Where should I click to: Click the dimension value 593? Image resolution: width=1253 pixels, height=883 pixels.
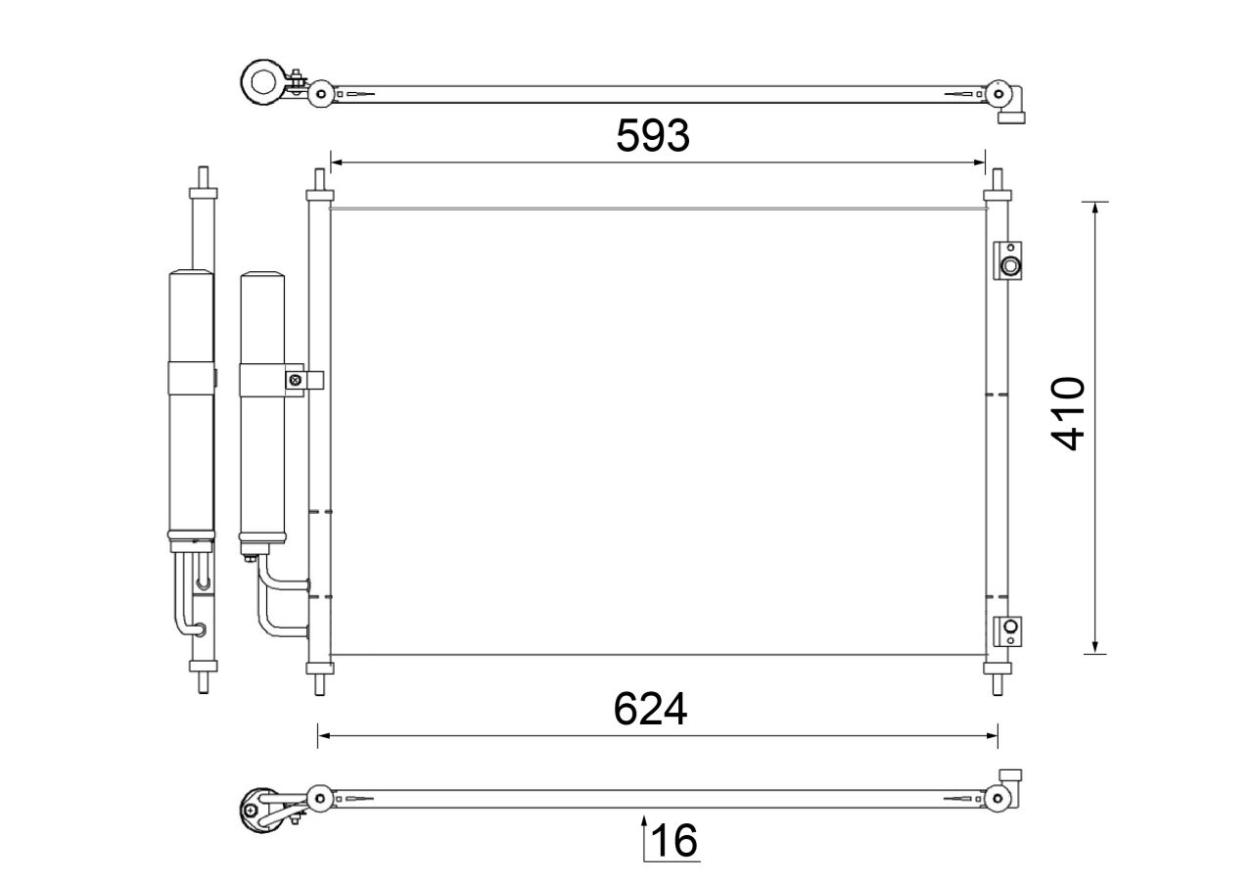[653, 136]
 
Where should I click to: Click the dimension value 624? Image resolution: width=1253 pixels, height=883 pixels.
[651, 709]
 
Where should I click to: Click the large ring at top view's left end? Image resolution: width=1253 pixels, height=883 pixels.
[263, 81]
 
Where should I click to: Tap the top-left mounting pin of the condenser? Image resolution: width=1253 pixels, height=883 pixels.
[318, 182]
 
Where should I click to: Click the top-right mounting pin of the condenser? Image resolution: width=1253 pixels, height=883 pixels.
[997, 182]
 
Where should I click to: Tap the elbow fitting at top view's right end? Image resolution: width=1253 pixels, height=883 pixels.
[1012, 106]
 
